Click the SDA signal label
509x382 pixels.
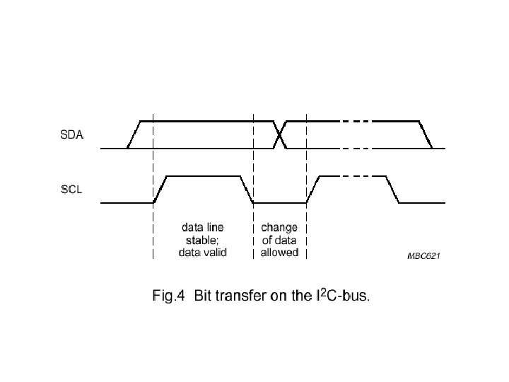point(71,135)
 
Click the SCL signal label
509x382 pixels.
point(71,190)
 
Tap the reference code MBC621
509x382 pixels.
point(423,257)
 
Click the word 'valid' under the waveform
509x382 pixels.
point(213,253)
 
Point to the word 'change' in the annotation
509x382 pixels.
point(279,228)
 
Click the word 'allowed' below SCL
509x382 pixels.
point(279,253)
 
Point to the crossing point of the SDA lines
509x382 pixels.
point(281,134)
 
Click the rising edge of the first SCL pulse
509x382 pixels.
point(160,190)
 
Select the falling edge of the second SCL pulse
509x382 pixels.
point(392,190)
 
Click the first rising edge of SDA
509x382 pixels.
point(134,134)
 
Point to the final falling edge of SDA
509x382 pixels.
point(426,134)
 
